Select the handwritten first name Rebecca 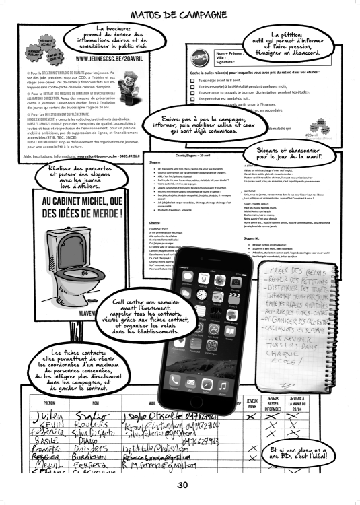pos(26,463)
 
